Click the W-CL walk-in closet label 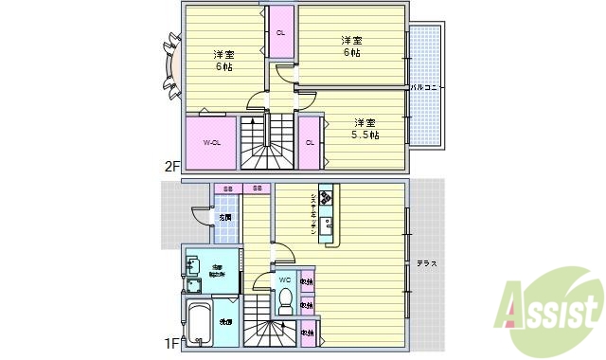(212, 143)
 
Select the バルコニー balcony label (428, 87)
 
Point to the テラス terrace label (426, 263)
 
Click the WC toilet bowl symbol (284, 300)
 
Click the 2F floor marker (171, 166)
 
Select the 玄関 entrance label (224, 217)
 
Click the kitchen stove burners (327, 198)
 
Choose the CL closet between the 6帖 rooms (280, 33)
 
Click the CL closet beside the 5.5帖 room (310, 143)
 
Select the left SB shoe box (227, 189)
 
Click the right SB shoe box (258, 189)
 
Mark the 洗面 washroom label (227, 323)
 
